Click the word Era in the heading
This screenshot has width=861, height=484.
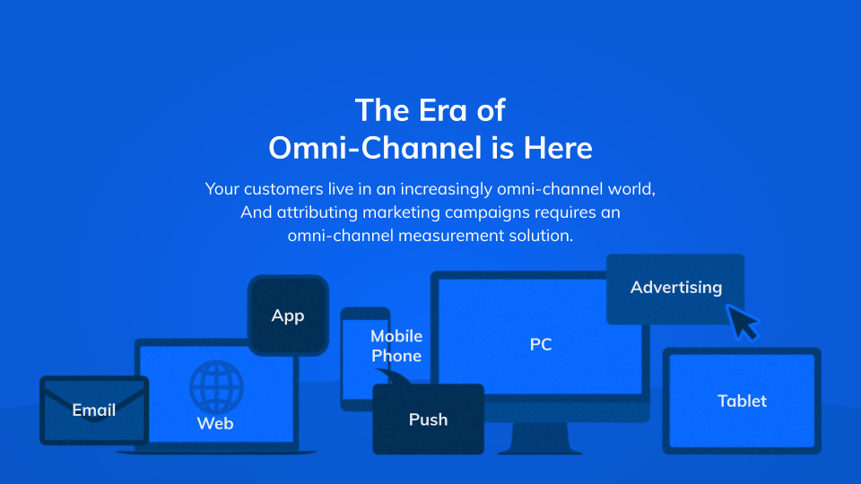[x=443, y=110]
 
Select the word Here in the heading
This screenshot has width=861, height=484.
[x=558, y=148]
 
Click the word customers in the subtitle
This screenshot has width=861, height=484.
[x=283, y=189]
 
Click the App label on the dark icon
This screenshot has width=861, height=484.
[x=288, y=316]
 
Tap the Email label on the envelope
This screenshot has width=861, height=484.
[x=94, y=410]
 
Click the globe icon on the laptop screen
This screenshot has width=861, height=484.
[x=216, y=386]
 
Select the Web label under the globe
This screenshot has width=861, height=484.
[x=215, y=424]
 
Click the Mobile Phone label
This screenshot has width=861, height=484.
[x=396, y=346]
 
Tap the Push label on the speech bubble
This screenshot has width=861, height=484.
[x=429, y=419]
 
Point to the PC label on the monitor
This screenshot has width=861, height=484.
[x=541, y=344]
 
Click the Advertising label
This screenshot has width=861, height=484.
[x=676, y=288]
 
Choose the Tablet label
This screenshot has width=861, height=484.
[x=742, y=402]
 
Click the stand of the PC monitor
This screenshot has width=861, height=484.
[x=540, y=438]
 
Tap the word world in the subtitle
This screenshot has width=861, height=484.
[x=631, y=189]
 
